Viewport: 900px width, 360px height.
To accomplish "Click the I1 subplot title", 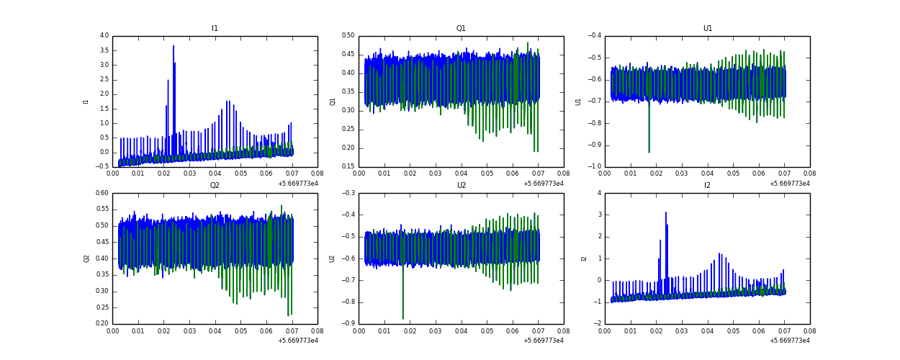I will [x=215, y=29].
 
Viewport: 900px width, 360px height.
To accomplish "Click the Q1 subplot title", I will [x=461, y=29].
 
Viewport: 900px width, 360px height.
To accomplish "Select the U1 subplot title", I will [x=707, y=29].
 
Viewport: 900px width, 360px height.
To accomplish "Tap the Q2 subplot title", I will [x=215, y=186].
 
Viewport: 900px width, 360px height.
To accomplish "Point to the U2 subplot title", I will [x=461, y=186].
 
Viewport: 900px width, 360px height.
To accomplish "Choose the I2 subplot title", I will [x=707, y=186].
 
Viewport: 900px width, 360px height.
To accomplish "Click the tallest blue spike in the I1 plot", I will [x=174, y=48].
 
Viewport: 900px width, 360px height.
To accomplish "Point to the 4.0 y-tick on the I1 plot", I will [x=104, y=35].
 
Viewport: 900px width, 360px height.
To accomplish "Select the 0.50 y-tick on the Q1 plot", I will [x=348, y=35].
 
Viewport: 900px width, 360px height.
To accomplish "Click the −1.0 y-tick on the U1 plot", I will [x=594, y=166].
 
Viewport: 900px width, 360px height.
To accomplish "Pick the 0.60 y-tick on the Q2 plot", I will [x=102, y=193].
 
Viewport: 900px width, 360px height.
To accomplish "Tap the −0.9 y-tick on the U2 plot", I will [x=348, y=323].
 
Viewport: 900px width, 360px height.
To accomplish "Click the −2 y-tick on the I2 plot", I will [x=597, y=323].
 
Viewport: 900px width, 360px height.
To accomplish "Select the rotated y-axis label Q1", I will [x=333, y=102].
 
